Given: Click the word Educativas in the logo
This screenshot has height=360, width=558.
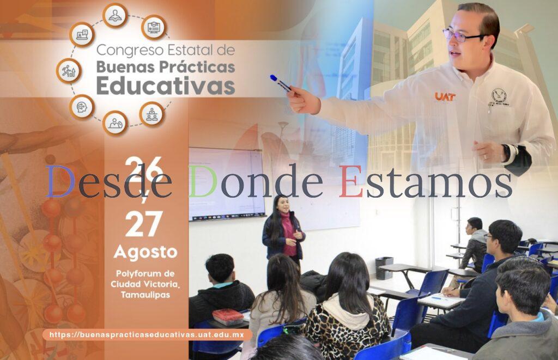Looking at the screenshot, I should (x=166, y=86).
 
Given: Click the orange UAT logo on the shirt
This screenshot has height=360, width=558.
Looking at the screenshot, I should (x=445, y=96).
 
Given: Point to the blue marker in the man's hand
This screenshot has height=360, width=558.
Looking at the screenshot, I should (x=281, y=83).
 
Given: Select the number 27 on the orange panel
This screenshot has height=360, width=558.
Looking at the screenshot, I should (x=143, y=223).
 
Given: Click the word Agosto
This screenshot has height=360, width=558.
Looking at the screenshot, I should (x=145, y=252).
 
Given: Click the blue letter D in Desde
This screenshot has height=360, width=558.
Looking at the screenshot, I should (x=59, y=181).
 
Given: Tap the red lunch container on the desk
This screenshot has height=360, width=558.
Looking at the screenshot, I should (x=227, y=316).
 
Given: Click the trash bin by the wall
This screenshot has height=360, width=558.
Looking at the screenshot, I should (x=384, y=267).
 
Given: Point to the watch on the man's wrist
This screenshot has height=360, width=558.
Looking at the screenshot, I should (x=508, y=153).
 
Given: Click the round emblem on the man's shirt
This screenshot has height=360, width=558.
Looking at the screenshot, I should (x=499, y=98).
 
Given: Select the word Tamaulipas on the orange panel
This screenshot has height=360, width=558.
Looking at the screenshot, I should (x=145, y=295).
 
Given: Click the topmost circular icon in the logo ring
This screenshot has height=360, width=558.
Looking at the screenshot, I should (x=115, y=15).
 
